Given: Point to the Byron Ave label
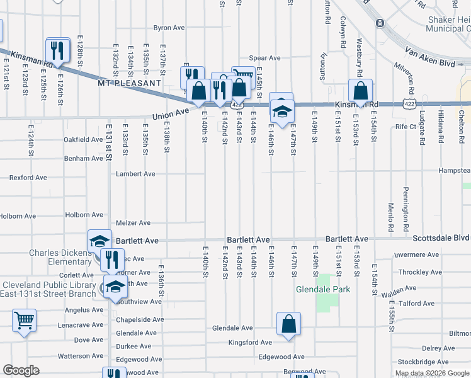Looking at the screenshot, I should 169,28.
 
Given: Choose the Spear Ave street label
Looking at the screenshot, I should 264,58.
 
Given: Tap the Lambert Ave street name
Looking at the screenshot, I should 135,174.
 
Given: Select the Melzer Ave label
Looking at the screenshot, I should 133,223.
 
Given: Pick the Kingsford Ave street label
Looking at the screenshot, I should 250,343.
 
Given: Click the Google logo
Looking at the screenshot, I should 21,370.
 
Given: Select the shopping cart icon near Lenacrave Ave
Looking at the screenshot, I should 24,321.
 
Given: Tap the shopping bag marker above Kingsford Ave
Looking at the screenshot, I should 288,324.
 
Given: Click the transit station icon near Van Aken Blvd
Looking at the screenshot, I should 380,24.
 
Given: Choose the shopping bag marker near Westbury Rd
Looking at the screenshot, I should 361,91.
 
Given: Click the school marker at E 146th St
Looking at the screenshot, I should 281,111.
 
